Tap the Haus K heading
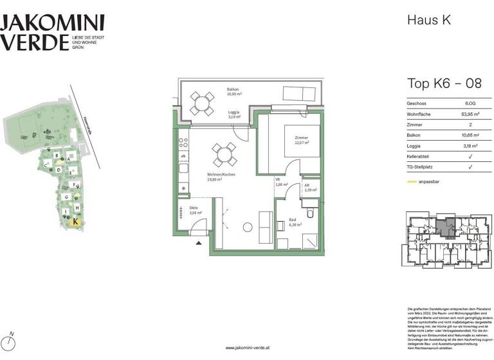[x=430, y=20]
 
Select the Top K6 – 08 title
[x=444, y=84]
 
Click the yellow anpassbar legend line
[x=412, y=183]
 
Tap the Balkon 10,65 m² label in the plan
[x=233, y=92]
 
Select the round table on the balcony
[x=202, y=102]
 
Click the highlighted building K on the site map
[x=77, y=222]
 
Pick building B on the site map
[x=58, y=156]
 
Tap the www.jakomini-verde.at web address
[x=247, y=348]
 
